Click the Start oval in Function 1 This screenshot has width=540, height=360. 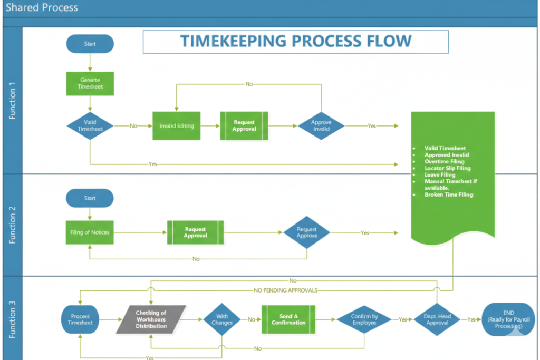click(90, 44)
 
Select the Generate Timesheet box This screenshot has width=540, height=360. click(90, 84)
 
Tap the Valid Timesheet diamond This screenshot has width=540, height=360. click(90, 125)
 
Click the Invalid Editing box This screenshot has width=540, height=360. click(177, 126)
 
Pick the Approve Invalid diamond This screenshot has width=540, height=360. click(321, 126)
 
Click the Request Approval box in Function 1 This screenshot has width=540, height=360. click(244, 126)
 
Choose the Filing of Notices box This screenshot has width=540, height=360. click(90, 232)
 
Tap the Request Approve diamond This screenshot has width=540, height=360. click(306, 232)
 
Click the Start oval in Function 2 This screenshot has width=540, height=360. click(90, 198)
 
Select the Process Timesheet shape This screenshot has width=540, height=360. click(80, 319)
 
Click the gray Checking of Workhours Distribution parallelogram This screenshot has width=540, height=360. click(151, 319)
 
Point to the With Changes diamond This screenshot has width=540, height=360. click(222, 319)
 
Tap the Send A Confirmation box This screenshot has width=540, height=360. click(288, 319)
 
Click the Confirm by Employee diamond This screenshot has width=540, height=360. click(364, 319)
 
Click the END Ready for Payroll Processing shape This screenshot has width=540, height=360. click(508, 319)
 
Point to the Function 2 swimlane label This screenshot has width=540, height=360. click(13, 225)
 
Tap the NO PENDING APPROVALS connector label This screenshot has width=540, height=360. click(286, 290)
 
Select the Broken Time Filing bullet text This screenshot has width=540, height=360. click(449, 194)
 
